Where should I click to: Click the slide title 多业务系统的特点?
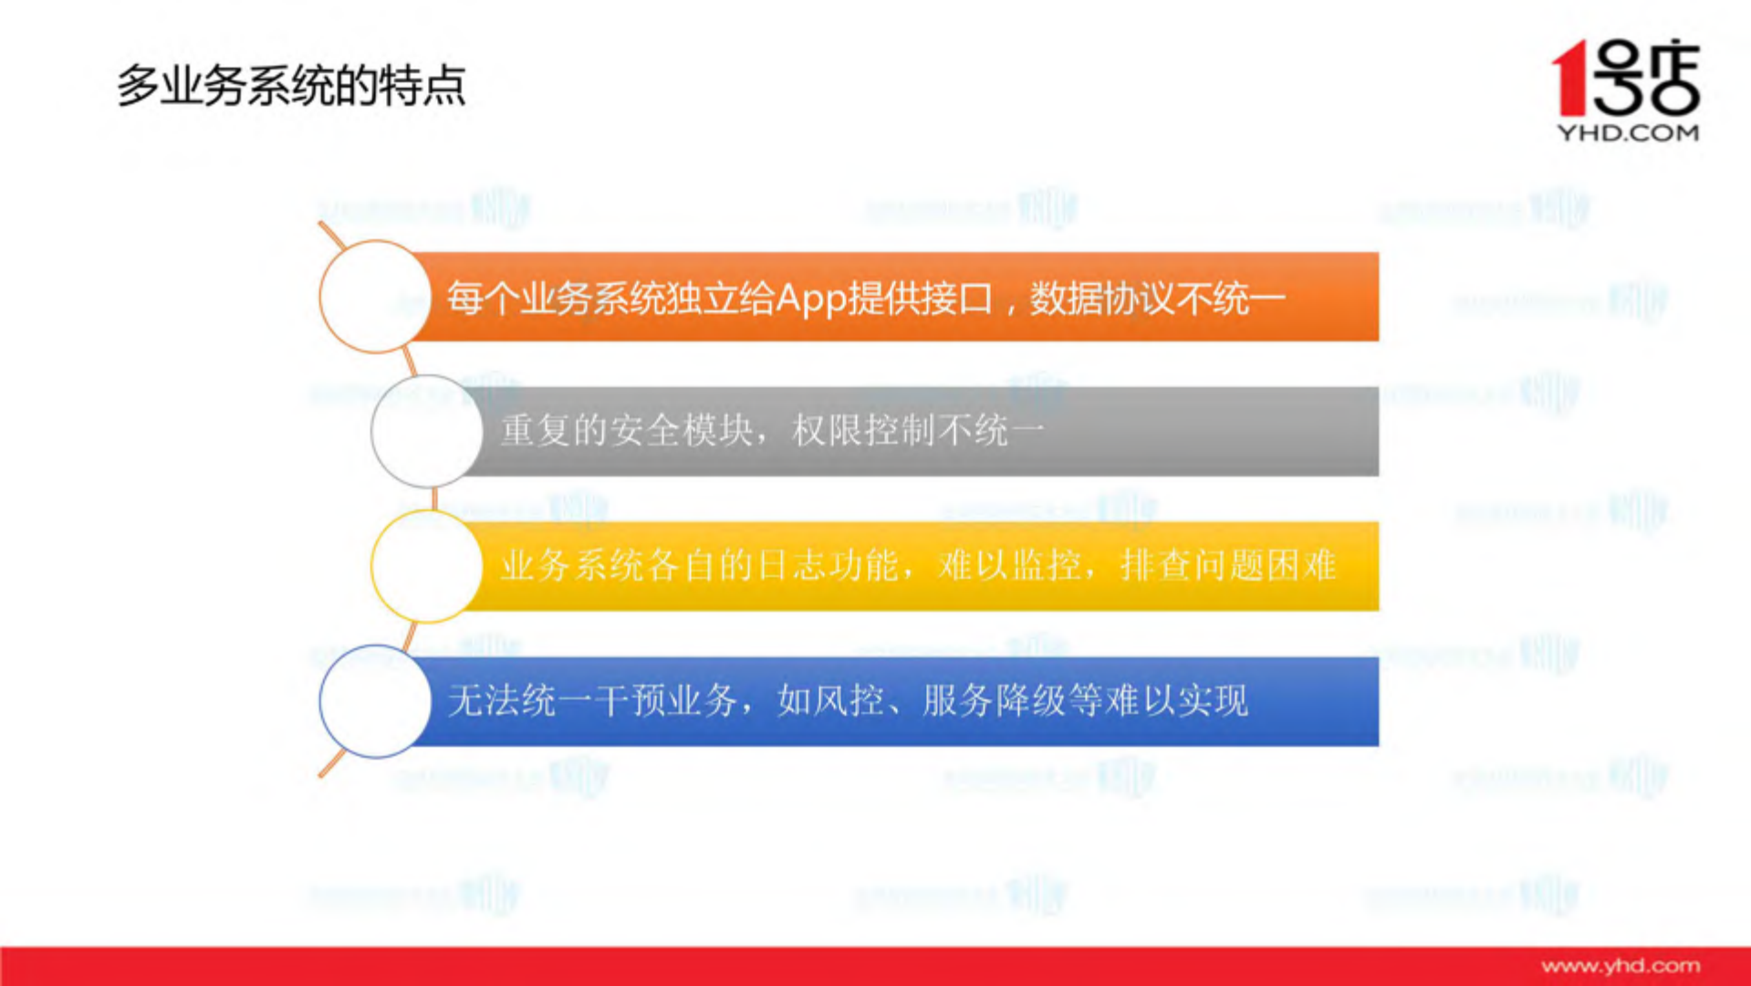click(x=291, y=86)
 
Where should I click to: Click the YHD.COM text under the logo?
click(x=1628, y=133)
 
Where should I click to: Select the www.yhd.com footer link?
click(x=1621, y=966)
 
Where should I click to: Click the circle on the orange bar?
click(x=374, y=297)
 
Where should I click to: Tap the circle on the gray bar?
click(x=426, y=431)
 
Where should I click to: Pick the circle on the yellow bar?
click(x=426, y=566)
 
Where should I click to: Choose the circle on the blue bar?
click(x=374, y=701)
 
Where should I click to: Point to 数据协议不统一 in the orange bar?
click(x=1157, y=299)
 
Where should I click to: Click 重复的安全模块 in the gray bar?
click(x=627, y=431)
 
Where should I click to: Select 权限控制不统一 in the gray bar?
click(x=918, y=431)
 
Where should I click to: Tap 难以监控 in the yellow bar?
click(x=1009, y=566)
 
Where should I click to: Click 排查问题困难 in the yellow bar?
click(x=1228, y=566)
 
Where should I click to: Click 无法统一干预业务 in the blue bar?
click(x=592, y=701)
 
